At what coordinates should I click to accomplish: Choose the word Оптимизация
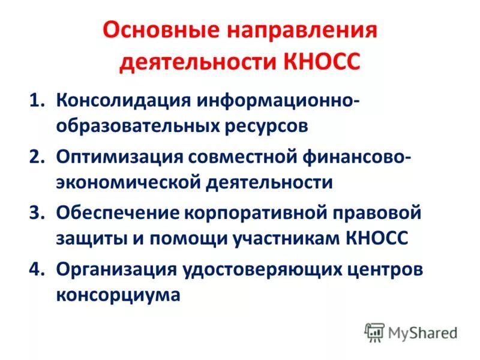pos(119,157)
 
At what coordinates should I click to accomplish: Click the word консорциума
pos(118,296)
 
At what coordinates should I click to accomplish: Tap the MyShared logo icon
pos(374,332)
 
